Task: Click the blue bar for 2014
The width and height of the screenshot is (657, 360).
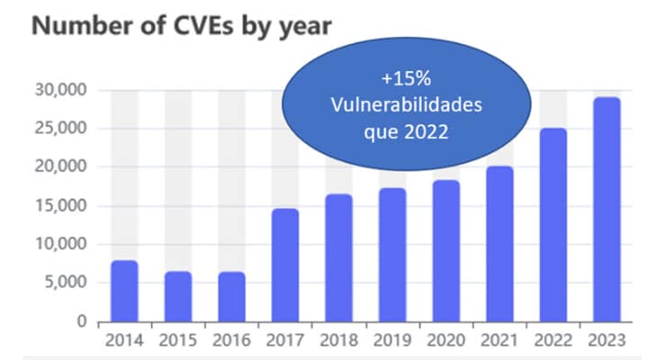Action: pyautogui.click(x=124, y=292)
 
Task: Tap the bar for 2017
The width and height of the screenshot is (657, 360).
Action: pyautogui.click(x=284, y=265)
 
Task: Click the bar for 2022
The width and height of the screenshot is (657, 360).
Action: pyautogui.click(x=553, y=225)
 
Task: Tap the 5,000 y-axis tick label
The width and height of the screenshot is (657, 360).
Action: pyautogui.click(x=64, y=283)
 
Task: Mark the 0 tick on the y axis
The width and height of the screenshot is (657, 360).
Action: pyautogui.click(x=80, y=321)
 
